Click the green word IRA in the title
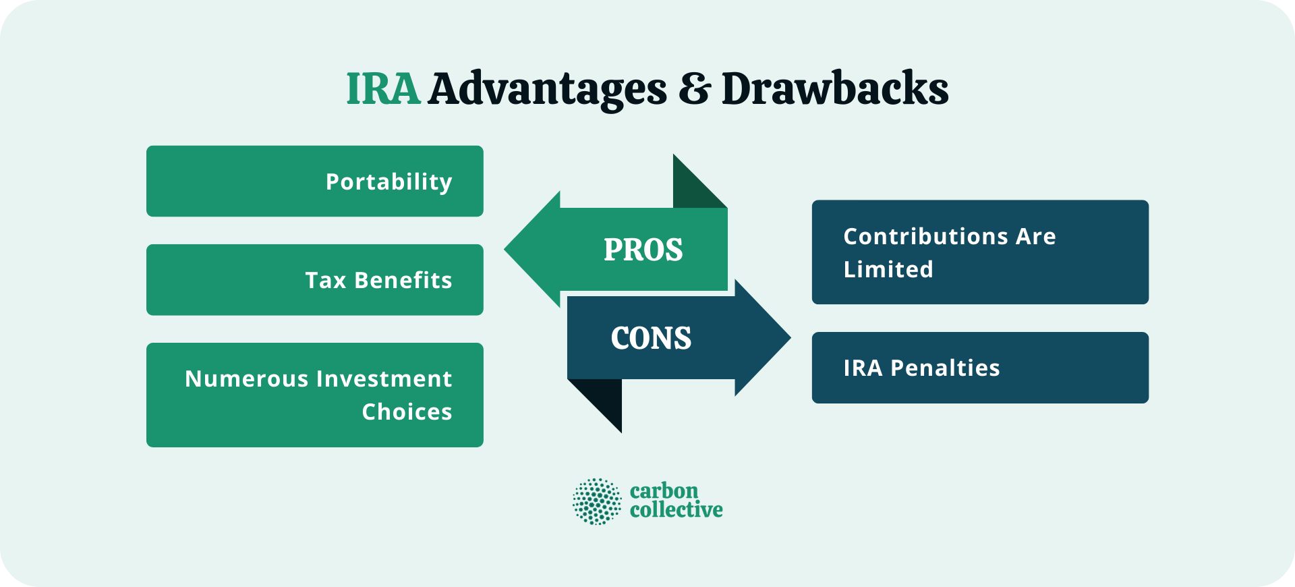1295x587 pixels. coord(383,89)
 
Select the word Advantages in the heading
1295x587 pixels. coord(547,89)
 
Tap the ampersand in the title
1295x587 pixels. coord(694,89)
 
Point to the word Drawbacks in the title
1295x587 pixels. coord(835,89)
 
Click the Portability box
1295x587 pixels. coord(314,181)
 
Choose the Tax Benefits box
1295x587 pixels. coord(314,279)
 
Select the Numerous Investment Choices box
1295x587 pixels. coord(314,395)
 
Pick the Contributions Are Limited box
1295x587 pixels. coord(979,252)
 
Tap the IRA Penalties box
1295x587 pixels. coord(979,368)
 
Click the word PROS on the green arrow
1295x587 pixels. coord(643,250)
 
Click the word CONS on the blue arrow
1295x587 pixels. coord(651,338)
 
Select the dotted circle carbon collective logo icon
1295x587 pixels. coord(597,501)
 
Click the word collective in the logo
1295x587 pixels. coord(676,510)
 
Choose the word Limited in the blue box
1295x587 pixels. coord(888,269)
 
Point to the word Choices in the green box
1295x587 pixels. coord(407,412)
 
